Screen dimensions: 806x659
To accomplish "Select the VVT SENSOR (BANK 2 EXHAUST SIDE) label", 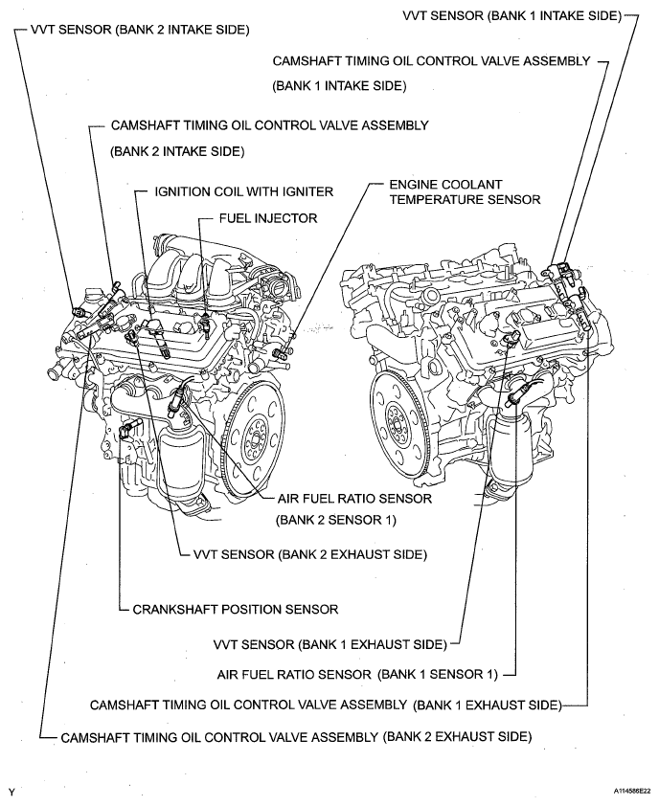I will coord(310,554).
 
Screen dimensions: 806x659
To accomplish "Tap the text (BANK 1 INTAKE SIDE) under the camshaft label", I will coord(340,85).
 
